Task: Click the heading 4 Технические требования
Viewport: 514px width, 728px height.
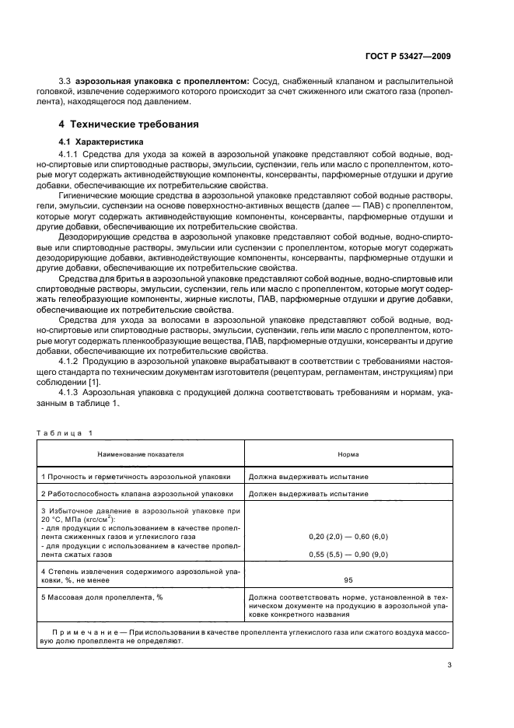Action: (x=129, y=124)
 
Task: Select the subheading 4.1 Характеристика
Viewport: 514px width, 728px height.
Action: (x=97, y=143)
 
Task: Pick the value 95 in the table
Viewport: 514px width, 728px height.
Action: (x=348, y=579)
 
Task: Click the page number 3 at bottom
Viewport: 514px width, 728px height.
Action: (x=449, y=665)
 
